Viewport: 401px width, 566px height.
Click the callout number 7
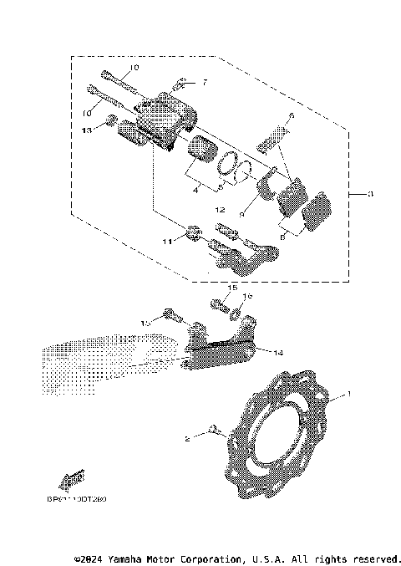pos(202,84)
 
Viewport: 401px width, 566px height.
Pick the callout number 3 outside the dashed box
pos(371,194)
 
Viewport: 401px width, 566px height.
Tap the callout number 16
pos(247,296)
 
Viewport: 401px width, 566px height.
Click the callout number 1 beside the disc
pos(350,394)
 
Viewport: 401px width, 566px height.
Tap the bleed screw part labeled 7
pos(179,84)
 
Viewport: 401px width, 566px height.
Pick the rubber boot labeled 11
pos(193,232)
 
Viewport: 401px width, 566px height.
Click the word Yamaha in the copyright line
pos(133,558)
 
